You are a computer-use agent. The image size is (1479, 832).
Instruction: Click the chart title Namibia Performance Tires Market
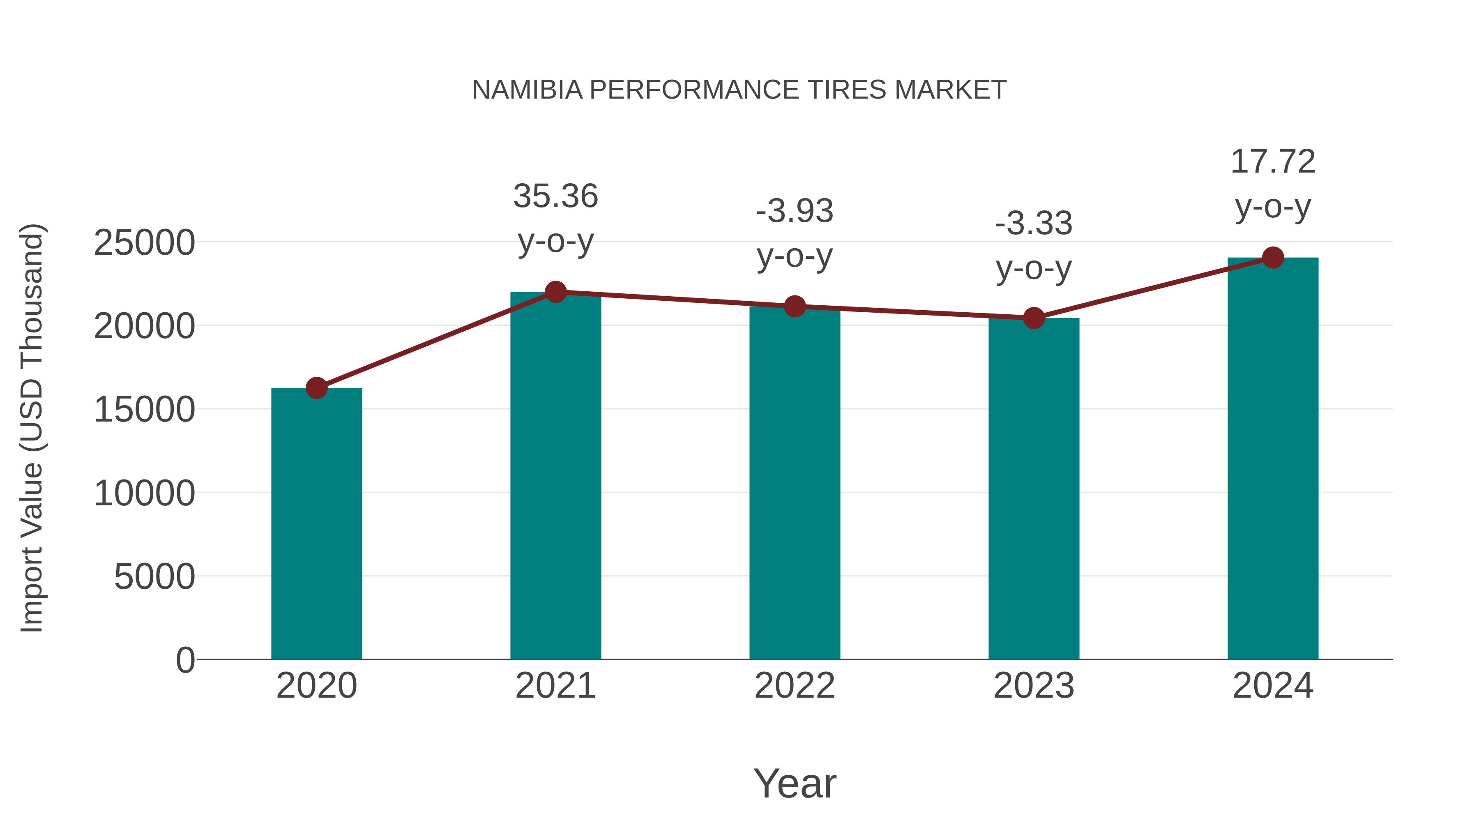coord(739,90)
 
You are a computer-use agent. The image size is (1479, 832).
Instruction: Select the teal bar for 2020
coord(316,524)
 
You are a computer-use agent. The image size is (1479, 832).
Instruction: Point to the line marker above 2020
coord(316,388)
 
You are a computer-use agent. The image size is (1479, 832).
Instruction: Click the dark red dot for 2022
coord(795,307)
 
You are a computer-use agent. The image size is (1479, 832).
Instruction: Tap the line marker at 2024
coord(1273,258)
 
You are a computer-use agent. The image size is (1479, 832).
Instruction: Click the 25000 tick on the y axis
coord(144,242)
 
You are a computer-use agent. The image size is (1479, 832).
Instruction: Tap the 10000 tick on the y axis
coord(144,493)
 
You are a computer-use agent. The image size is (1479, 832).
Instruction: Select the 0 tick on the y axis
coord(185,660)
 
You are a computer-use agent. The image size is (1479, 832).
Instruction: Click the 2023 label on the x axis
coord(1034,686)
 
